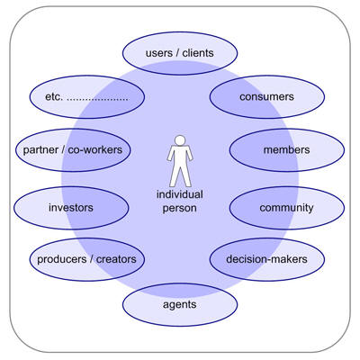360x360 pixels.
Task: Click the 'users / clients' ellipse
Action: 180,53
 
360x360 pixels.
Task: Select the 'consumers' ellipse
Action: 267,96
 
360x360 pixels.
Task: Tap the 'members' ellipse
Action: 287,150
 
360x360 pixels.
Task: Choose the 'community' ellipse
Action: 287,208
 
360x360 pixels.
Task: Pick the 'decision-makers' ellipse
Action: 267,259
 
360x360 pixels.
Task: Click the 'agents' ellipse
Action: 180,304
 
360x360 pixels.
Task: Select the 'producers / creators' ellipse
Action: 87,259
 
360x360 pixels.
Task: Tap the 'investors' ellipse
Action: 71,208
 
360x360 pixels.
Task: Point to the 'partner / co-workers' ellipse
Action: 73,150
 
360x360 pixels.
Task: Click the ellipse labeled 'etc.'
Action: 87,96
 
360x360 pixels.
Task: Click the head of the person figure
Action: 180,140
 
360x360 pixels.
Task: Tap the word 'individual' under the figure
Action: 180,194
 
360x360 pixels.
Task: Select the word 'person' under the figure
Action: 179,208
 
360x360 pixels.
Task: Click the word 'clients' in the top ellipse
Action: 198,53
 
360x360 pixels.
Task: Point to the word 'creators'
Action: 116,259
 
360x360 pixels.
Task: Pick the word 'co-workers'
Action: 95,149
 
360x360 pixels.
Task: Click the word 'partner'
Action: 40,150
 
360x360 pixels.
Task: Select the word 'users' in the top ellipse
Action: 159,53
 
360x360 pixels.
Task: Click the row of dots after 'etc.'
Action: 97,100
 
